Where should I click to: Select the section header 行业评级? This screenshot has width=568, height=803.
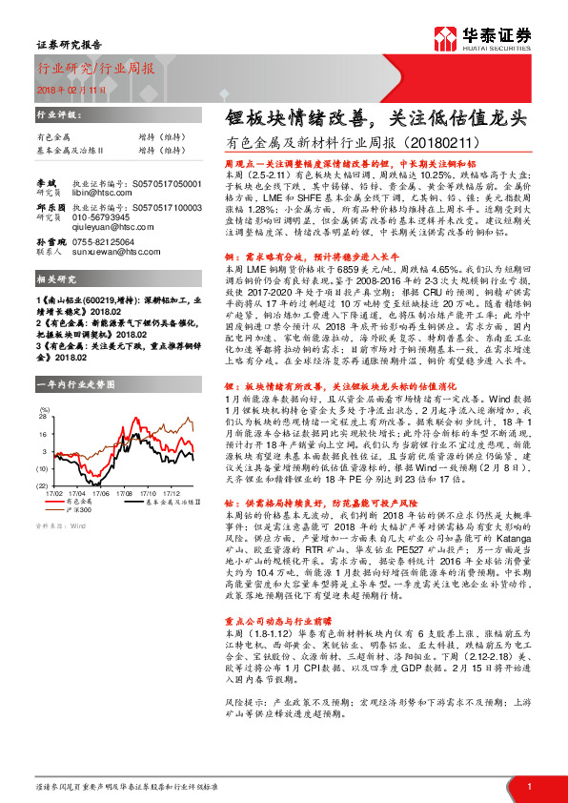point(54,113)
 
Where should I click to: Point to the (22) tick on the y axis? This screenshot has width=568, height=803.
point(43,485)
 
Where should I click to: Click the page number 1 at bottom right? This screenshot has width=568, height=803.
point(530,786)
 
